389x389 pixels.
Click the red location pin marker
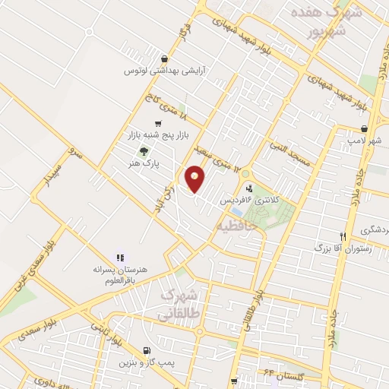tap(196, 179)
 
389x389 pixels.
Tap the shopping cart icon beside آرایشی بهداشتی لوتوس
tap(165, 59)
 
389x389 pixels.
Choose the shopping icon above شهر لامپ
tap(365, 129)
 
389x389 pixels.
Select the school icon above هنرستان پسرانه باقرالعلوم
tap(119, 258)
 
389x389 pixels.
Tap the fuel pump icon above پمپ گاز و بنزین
tap(145, 349)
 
